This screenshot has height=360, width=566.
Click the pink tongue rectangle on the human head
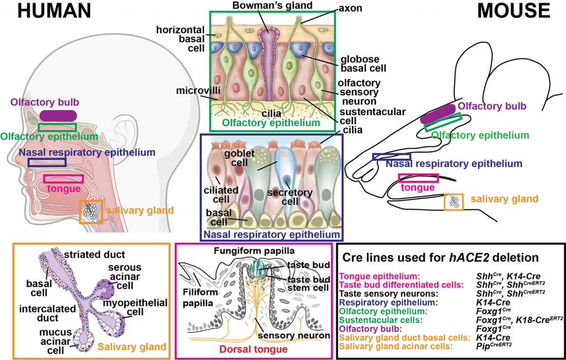pos(64,179)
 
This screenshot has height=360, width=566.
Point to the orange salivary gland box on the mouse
pos(454,201)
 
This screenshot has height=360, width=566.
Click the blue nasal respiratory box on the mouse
pos(391,156)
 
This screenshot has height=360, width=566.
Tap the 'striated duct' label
pos(90,254)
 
